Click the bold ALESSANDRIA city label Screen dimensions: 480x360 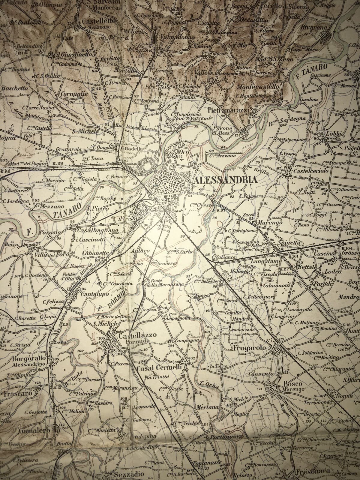click(226, 180)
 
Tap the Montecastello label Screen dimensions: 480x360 click(258, 86)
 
